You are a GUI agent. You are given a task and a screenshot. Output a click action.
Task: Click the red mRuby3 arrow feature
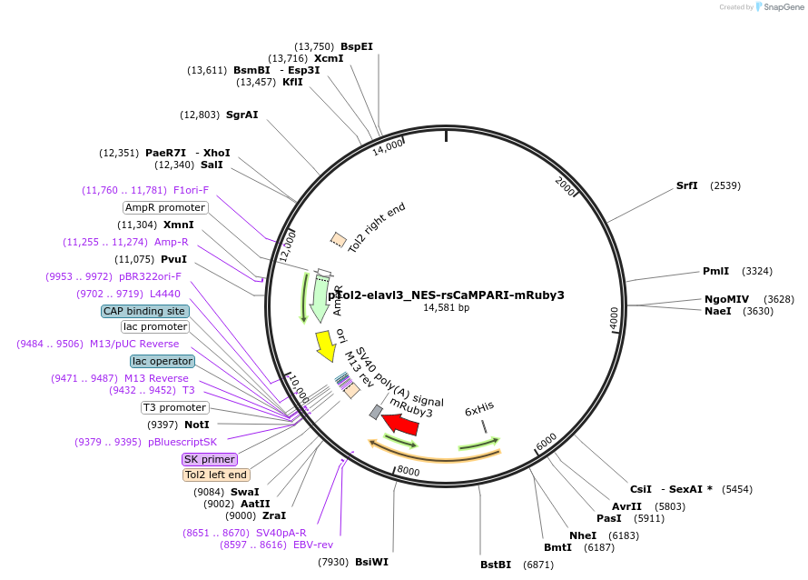coord(399,424)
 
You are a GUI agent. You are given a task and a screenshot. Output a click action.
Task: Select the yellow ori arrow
coord(324,345)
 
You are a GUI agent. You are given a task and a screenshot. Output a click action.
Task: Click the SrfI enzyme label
coord(687,185)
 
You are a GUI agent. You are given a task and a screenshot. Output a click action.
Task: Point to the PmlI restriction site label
coord(715,271)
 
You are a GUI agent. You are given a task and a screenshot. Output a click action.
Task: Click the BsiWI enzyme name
coord(371,562)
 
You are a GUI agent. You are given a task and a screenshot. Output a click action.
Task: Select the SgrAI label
coord(241,115)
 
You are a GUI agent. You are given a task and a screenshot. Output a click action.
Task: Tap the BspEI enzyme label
coord(357,45)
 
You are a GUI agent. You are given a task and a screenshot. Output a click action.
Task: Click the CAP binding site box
coord(144,311)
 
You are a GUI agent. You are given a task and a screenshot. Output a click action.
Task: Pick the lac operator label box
coord(162,361)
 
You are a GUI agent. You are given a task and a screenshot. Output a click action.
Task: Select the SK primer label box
coord(209,459)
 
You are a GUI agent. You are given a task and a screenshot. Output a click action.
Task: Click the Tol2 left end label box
coord(215,475)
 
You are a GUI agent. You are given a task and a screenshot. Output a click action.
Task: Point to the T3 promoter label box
coord(174,407)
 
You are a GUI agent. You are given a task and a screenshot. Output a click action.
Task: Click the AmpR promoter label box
coord(165,207)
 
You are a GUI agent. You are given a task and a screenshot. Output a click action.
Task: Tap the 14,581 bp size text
coord(446,308)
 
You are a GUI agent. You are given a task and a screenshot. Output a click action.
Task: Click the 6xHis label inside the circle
coord(478,410)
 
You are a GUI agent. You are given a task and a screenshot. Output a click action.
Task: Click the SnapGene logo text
coord(785,7)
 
